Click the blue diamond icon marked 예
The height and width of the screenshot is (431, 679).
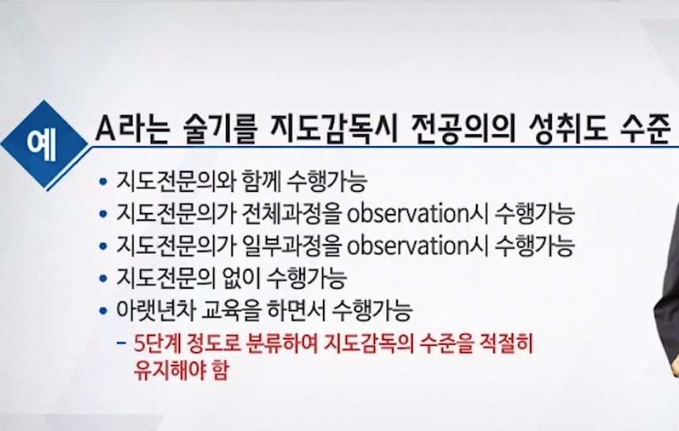tap(44, 144)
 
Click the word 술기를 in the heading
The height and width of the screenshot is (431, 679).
tap(220, 129)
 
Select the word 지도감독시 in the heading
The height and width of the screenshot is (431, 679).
tap(332, 129)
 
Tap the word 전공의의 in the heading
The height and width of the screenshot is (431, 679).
tap(463, 129)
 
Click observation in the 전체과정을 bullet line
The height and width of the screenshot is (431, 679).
tap(408, 214)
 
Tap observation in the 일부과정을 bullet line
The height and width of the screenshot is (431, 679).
tap(408, 246)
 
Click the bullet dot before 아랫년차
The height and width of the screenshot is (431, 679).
tap(103, 310)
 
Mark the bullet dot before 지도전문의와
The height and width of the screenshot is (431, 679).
tap(103, 181)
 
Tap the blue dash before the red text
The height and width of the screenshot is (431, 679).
tap(122, 344)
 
